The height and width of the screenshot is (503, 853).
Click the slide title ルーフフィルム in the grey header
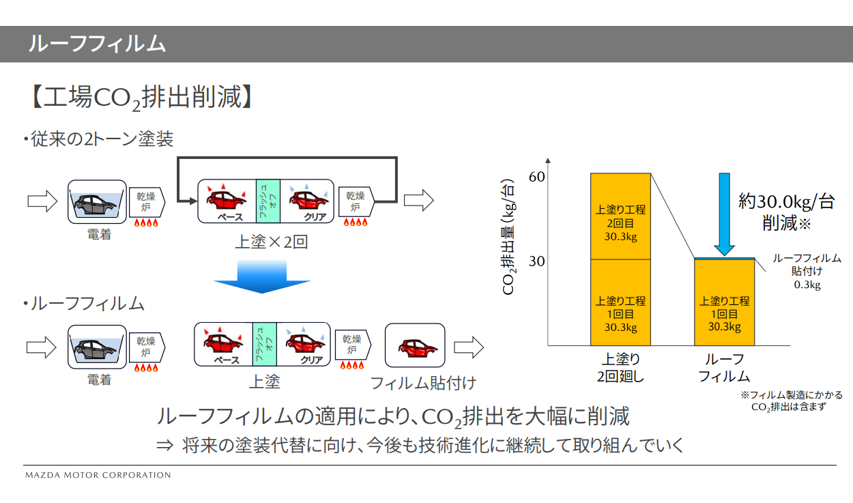point(97,44)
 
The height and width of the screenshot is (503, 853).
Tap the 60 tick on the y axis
point(537,177)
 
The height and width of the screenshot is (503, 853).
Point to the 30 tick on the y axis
point(537,261)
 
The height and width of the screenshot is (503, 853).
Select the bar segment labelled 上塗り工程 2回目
point(620,217)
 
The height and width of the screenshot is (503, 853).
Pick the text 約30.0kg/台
point(786,201)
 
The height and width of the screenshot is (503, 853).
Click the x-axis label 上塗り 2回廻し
point(620,367)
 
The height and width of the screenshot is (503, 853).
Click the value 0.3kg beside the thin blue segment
point(807,285)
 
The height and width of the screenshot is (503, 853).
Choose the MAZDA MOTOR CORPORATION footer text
point(98,475)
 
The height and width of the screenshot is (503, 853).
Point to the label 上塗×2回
point(271,241)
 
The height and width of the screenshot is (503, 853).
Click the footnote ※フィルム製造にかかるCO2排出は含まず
point(791,401)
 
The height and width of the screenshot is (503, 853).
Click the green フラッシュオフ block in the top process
point(268,201)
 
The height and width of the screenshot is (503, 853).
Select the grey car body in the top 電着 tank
point(97,202)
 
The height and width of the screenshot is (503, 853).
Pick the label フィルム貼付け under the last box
point(423,383)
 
